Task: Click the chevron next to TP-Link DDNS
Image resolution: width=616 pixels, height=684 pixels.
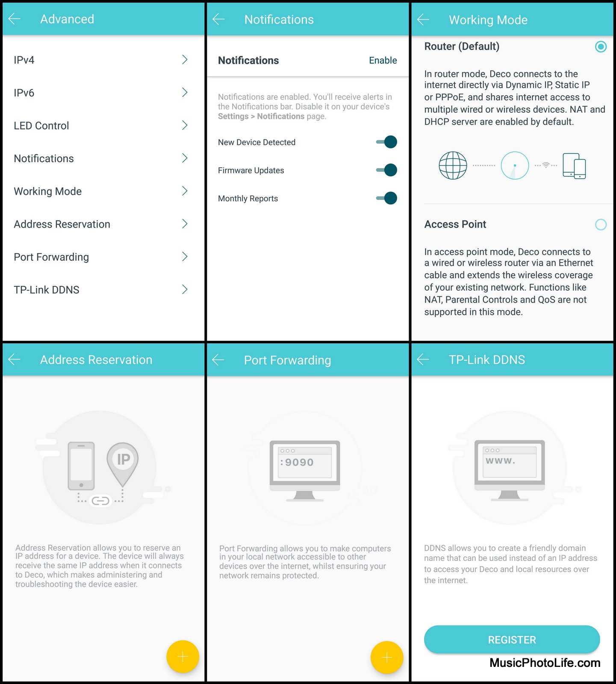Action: pyautogui.click(x=185, y=289)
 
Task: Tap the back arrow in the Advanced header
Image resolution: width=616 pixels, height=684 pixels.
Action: pyautogui.click(x=14, y=19)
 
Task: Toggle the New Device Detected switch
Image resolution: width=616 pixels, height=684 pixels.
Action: pyautogui.click(x=386, y=142)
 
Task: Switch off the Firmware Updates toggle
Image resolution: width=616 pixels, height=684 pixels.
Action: pyautogui.click(x=386, y=170)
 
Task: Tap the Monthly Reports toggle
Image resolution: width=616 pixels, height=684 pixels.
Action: pyautogui.click(x=386, y=198)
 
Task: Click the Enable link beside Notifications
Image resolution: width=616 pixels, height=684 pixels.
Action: pyautogui.click(x=383, y=60)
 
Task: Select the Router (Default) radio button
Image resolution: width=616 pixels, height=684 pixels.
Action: pyautogui.click(x=601, y=47)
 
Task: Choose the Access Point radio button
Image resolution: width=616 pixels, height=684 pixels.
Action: pyautogui.click(x=601, y=224)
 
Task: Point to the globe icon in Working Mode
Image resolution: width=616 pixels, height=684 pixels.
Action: pyautogui.click(x=453, y=165)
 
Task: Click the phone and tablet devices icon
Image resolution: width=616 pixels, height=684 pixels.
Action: pyautogui.click(x=574, y=166)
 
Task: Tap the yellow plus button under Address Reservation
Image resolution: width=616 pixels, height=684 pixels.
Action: pyautogui.click(x=183, y=657)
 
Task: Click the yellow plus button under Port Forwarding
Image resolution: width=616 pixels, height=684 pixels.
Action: pyautogui.click(x=387, y=657)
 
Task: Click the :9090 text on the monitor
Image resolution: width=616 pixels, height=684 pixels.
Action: pyautogui.click(x=297, y=462)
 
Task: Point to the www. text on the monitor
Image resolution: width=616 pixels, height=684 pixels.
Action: pyautogui.click(x=500, y=461)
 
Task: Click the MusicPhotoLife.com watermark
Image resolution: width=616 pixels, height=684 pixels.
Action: pyautogui.click(x=545, y=663)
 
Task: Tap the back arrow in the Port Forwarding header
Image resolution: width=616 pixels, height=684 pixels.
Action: pyautogui.click(x=218, y=360)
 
